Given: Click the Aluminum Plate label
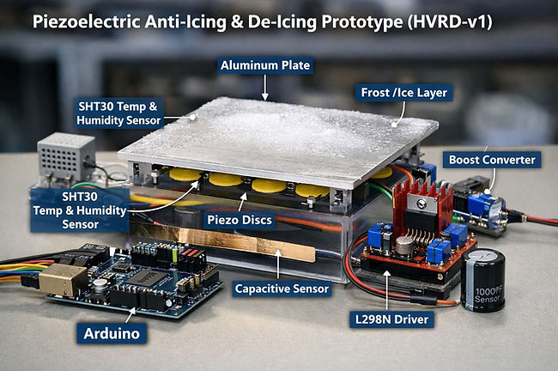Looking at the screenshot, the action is pos(265,65).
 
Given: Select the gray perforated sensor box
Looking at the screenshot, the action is pos(60,158).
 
